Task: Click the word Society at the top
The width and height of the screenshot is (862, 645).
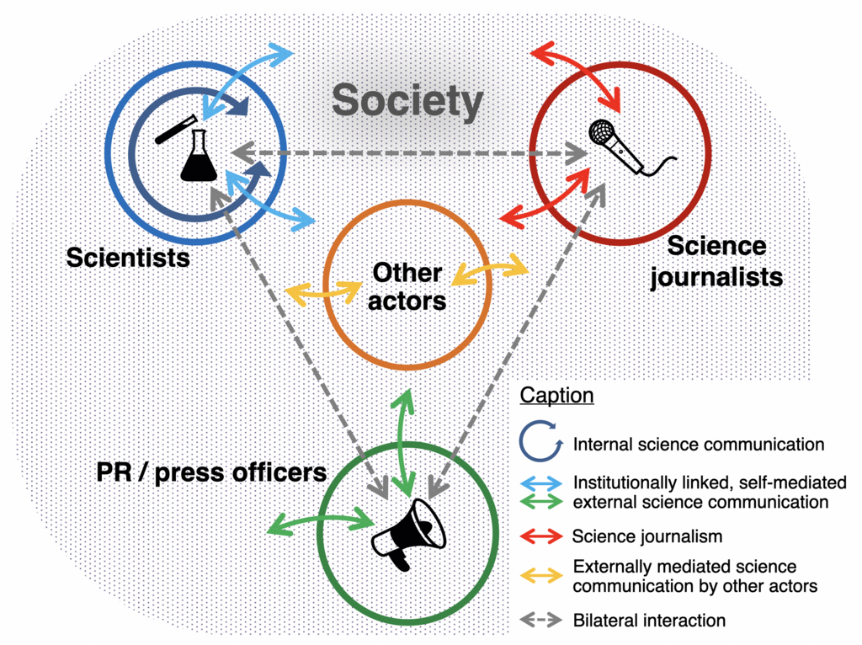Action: click(407, 102)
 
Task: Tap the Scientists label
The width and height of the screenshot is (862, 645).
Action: click(128, 258)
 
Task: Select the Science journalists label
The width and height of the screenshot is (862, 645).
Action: click(716, 262)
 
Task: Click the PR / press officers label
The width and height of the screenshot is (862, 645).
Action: click(211, 472)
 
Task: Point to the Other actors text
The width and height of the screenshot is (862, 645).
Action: click(407, 287)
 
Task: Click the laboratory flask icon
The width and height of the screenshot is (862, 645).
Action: click(199, 156)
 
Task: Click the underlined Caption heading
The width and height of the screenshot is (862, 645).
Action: click(557, 395)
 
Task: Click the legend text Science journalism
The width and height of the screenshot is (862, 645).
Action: click(647, 536)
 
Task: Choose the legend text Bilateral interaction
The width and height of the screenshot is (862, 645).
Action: click(649, 621)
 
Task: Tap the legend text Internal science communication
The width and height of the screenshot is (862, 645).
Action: click(699, 445)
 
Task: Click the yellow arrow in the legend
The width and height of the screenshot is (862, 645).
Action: click(541, 576)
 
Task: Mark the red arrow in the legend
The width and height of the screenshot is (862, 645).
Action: click(541, 536)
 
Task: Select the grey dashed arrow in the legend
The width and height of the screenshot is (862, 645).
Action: click(541, 621)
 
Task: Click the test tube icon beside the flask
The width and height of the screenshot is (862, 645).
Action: click(176, 129)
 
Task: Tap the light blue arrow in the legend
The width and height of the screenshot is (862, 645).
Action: click(541, 483)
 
